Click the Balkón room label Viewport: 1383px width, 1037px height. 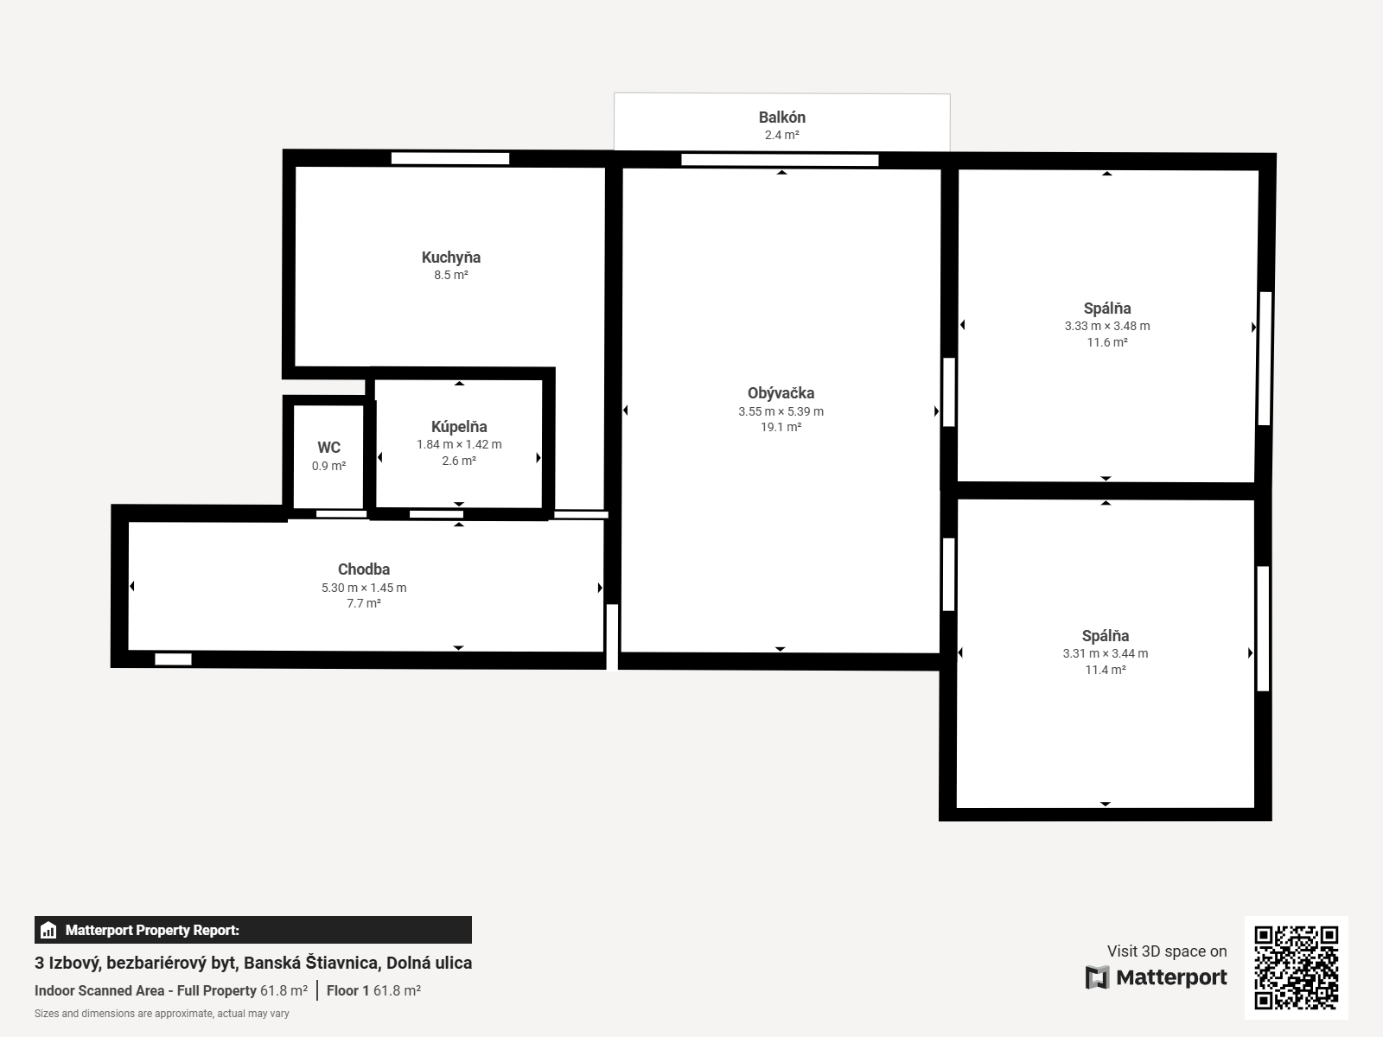[x=781, y=118]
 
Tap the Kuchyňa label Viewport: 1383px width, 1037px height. [x=450, y=258]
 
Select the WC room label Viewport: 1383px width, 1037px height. [x=328, y=448]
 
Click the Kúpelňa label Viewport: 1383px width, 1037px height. [x=459, y=427]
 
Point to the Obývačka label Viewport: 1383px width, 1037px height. [x=781, y=393]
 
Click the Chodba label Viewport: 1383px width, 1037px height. [x=363, y=569]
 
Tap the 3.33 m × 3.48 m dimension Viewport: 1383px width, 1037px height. [x=1106, y=327]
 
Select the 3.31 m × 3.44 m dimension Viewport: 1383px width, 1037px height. [x=1105, y=654]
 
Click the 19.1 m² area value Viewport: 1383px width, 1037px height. [x=781, y=427]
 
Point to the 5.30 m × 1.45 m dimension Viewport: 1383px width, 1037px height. [x=363, y=588]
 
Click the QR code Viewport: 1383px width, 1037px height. [x=1296, y=967]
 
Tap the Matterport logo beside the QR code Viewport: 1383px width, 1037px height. [x=1157, y=977]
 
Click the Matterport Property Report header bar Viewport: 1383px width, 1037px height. [x=252, y=930]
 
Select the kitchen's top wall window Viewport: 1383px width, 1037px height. [x=449, y=158]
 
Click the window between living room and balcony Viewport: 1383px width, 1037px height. [x=780, y=160]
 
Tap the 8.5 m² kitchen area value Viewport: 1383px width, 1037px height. [x=450, y=276]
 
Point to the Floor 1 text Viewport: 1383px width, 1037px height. [x=348, y=990]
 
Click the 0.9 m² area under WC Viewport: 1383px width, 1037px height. [x=328, y=467]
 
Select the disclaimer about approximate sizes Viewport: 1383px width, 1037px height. [x=162, y=1014]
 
